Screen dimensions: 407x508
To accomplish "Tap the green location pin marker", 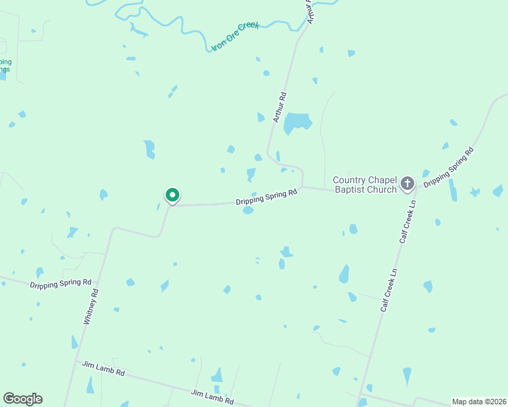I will (173, 195).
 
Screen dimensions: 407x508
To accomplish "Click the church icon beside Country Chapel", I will (407, 183).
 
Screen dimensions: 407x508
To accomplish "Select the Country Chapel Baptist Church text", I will (364, 185).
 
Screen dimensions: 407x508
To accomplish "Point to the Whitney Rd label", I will (91, 307).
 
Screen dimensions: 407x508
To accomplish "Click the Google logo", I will (22, 399).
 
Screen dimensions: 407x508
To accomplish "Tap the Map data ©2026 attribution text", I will (479, 402).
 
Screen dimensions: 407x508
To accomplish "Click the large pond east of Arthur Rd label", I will (297, 123).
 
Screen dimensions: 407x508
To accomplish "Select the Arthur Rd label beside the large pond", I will (280, 107).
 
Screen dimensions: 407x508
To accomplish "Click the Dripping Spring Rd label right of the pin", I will (267, 197).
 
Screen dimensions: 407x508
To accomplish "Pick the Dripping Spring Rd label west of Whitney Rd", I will (60, 283).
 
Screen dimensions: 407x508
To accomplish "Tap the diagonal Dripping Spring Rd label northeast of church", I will (448, 166).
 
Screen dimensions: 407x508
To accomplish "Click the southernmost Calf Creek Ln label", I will (388, 290).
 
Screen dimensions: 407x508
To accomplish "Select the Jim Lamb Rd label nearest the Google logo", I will (103, 369).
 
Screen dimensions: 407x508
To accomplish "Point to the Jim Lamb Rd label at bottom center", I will (212, 397).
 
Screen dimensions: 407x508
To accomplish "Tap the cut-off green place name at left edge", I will (5, 66).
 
